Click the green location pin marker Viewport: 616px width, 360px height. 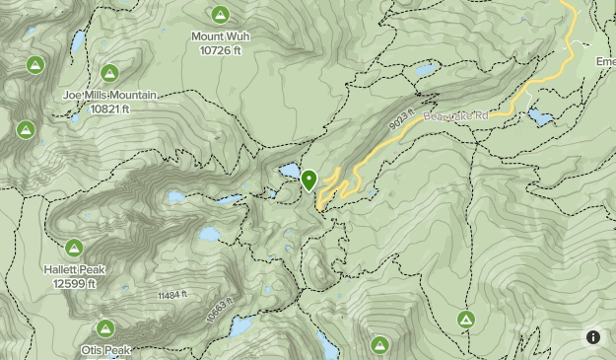coord(309,180)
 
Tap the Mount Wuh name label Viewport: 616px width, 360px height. coord(219,36)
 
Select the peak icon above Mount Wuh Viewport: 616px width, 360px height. coord(220,14)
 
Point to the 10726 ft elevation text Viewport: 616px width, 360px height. coord(219,49)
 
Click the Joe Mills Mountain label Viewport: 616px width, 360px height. coord(109,96)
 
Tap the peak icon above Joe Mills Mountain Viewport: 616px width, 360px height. coord(109,72)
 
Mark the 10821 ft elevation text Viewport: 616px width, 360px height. coord(109,108)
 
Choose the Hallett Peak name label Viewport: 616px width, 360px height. coord(75,269)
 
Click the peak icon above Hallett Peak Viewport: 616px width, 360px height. coord(74,247)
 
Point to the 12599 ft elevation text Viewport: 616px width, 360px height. coord(75,283)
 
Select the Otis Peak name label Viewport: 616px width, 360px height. coord(105,350)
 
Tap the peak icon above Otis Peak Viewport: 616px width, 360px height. coord(105,327)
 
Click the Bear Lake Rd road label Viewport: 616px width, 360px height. coord(455,116)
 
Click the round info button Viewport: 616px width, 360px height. coord(593,337)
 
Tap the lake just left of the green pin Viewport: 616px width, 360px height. coord(290,172)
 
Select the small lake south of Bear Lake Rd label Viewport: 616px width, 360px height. coord(540,117)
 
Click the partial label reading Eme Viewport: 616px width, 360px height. coord(604,61)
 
